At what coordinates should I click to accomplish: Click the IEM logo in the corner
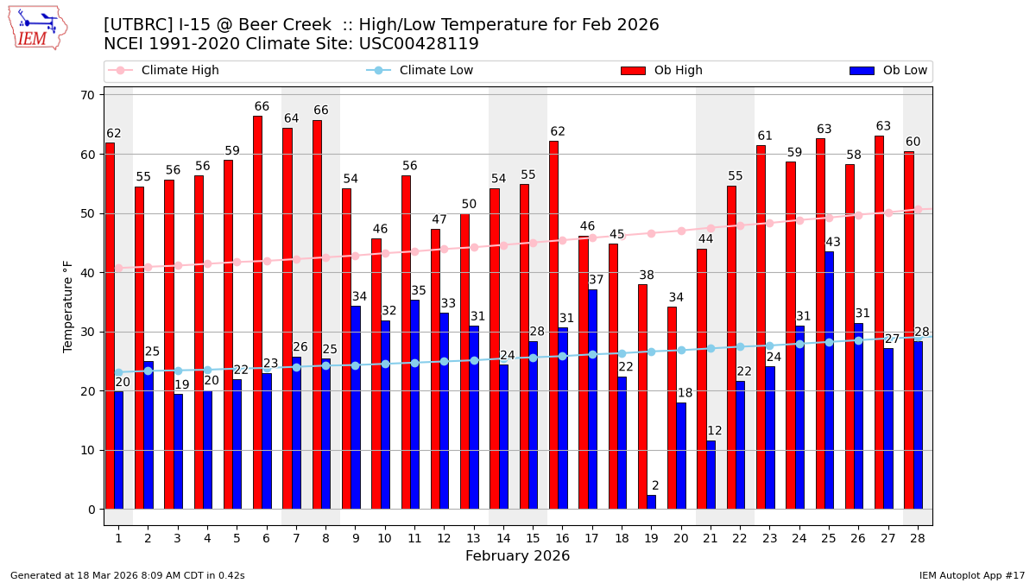click(x=38, y=28)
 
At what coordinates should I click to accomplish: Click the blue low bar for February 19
click(x=651, y=502)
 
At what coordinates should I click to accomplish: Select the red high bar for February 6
click(x=257, y=312)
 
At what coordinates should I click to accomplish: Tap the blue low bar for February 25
click(x=829, y=380)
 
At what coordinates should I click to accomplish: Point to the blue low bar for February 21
click(x=711, y=475)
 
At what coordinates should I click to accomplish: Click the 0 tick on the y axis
click(x=90, y=510)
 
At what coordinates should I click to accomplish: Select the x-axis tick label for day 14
click(x=503, y=538)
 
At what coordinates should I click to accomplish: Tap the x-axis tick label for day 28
click(x=918, y=538)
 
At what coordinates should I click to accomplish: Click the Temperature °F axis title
click(x=68, y=306)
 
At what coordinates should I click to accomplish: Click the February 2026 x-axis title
click(x=517, y=556)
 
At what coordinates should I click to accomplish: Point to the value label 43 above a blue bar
click(x=832, y=243)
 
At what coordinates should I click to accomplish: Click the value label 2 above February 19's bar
click(x=655, y=486)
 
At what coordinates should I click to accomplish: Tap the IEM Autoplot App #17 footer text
click(x=971, y=575)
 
